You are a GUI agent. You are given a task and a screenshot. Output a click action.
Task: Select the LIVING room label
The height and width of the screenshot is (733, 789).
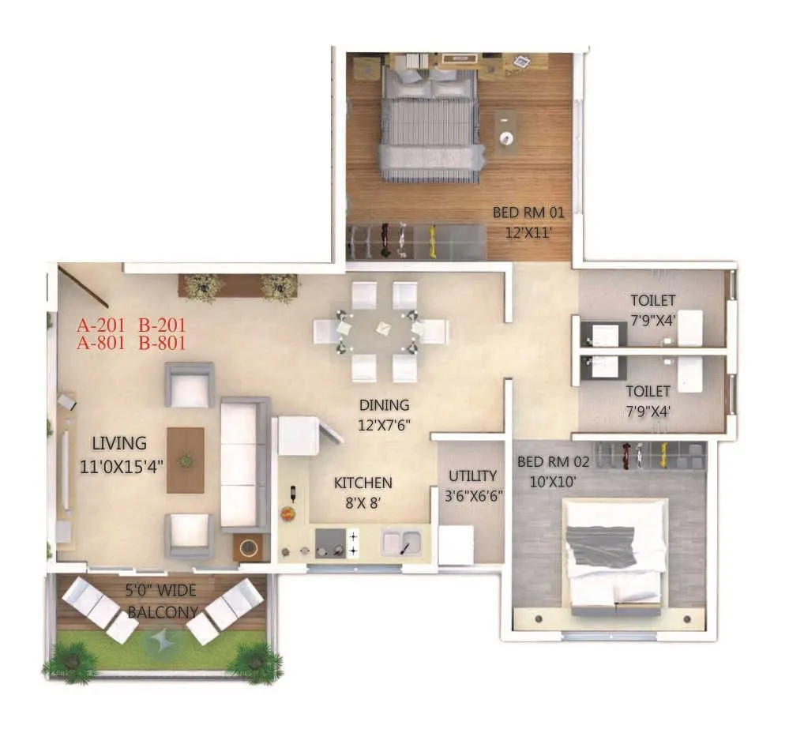coord(118,443)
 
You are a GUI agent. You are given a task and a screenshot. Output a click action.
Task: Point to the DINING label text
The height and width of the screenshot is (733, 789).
coord(385,405)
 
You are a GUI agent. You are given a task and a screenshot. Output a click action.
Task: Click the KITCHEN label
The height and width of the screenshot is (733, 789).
coord(363,483)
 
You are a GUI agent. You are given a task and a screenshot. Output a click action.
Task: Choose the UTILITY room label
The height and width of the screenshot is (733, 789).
coord(472,476)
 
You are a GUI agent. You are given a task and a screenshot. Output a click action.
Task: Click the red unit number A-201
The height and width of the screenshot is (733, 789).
coord(103,325)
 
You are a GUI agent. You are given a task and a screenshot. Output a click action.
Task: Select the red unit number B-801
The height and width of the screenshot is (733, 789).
coord(162,344)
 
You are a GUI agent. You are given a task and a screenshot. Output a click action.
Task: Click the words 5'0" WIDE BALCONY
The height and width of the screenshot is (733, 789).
coord(162,601)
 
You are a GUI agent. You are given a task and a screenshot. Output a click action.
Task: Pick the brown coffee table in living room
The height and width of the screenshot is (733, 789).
coord(186,460)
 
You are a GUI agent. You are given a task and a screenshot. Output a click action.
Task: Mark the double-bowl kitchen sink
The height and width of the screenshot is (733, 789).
coord(403,543)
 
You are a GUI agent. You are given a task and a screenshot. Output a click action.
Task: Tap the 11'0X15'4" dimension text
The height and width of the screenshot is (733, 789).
coord(122,467)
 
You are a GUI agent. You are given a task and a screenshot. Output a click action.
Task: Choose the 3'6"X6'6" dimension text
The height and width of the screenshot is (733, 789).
coord(473,496)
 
